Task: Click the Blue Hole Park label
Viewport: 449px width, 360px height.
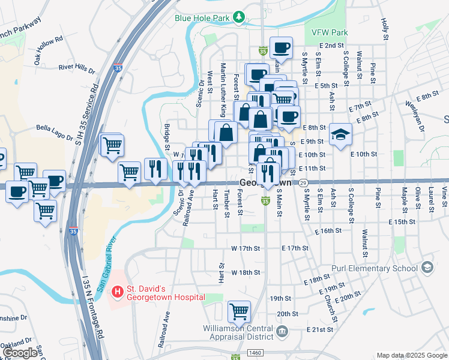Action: [x=202, y=18]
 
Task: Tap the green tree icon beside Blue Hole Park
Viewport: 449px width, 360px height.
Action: [x=239, y=16]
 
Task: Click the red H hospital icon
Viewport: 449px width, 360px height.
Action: [x=118, y=292]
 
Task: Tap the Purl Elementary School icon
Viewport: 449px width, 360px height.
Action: [x=427, y=267]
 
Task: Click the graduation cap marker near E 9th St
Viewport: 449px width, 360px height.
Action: [x=340, y=134]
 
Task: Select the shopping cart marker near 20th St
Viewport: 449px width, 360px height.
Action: [x=239, y=311]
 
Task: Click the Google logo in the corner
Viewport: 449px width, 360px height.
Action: [x=20, y=353]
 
